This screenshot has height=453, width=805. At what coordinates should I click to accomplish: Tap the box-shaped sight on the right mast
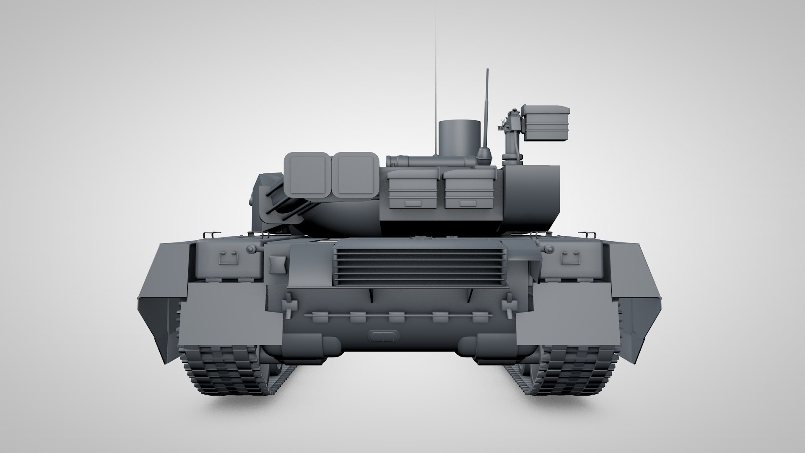tap(545, 123)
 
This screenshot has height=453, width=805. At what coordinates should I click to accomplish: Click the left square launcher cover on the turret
tap(308, 174)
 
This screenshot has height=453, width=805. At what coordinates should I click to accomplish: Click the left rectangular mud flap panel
tap(231, 308)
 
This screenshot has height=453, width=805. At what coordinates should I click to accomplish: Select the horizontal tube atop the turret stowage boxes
tap(432, 161)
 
